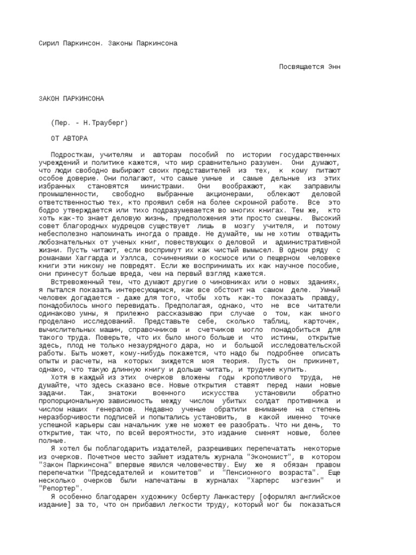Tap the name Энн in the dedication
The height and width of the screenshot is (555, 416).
tap(334, 67)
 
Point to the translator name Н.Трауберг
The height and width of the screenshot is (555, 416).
tap(108, 123)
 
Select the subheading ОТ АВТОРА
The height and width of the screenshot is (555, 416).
tap(69, 139)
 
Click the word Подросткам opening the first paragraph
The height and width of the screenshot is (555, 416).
tap(70, 154)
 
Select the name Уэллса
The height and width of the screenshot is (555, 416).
tap(121, 257)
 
